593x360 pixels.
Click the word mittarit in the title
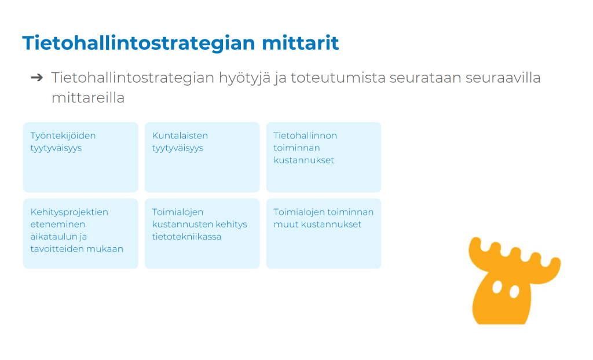click(301, 42)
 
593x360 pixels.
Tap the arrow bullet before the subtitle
click(37, 78)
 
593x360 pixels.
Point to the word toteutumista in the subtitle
click(338, 78)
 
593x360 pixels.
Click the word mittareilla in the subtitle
click(88, 98)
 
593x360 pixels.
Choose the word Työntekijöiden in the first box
click(63, 136)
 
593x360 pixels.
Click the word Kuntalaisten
click(180, 135)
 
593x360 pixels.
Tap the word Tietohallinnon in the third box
click(305, 135)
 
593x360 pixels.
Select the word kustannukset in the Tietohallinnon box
click(303, 160)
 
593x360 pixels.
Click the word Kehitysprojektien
click(69, 212)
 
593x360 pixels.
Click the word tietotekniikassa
click(186, 236)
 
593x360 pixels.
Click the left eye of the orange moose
click(497, 288)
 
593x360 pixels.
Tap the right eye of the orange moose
click(514, 292)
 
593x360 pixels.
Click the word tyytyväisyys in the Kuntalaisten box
click(177, 148)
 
